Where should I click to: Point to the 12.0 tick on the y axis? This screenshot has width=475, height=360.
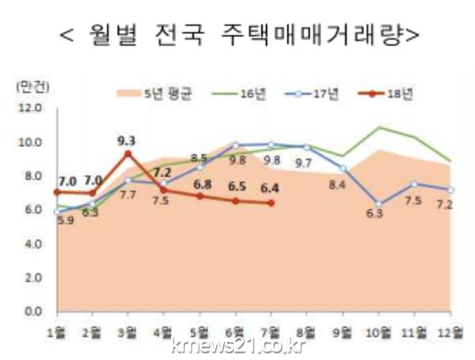point(32,108)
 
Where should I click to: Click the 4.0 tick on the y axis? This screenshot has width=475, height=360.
point(32,244)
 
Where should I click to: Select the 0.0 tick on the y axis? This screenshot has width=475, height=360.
point(32,312)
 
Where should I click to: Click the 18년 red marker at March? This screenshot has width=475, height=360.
point(127,154)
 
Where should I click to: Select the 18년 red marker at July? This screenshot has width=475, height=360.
point(272,203)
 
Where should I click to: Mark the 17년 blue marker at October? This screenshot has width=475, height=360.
point(379,204)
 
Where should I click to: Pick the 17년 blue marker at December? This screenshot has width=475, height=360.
point(450,190)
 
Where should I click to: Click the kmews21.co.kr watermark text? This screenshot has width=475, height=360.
point(237,345)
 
